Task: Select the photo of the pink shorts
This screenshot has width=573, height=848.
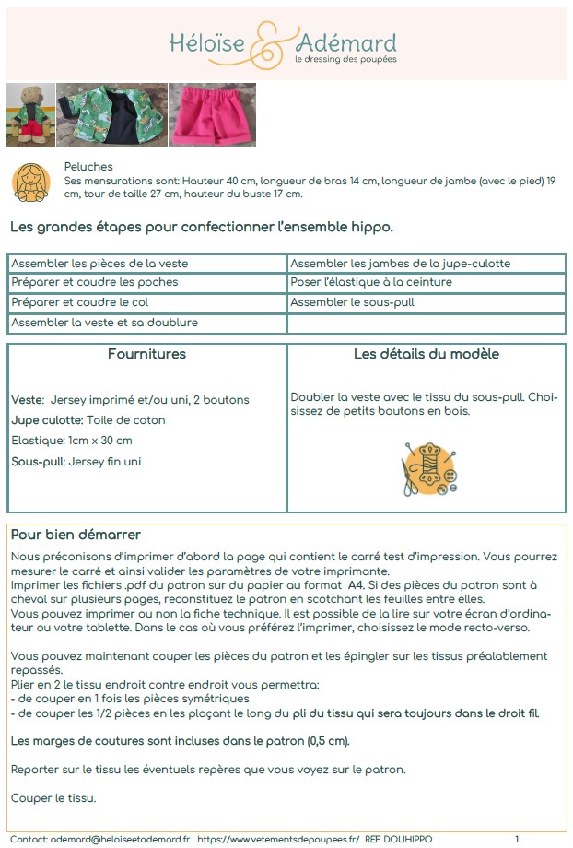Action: pyautogui.click(x=212, y=115)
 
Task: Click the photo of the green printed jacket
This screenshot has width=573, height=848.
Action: pyautogui.click(x=111, y=115)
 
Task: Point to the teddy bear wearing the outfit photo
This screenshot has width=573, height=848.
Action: pyautogui.click(x=29, y=115)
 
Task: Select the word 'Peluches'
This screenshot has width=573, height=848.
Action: pyautogui.click(x=88, y=167)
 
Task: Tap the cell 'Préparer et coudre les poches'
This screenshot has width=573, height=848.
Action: pyautogui.click(x=95, y=282)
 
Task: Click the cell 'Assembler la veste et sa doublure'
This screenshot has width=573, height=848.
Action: pyautogui.click(x=104, y=323)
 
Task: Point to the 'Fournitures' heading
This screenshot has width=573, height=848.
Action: pyautogui.click(x=146, y=355)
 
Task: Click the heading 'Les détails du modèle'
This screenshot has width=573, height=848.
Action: pyautogui.click(x=427, y=355)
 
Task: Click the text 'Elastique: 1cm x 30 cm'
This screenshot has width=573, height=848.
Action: pyautogui.click(x=72, y=441)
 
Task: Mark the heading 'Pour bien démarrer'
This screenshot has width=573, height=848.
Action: pyautogui.click(x=76, y=536)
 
